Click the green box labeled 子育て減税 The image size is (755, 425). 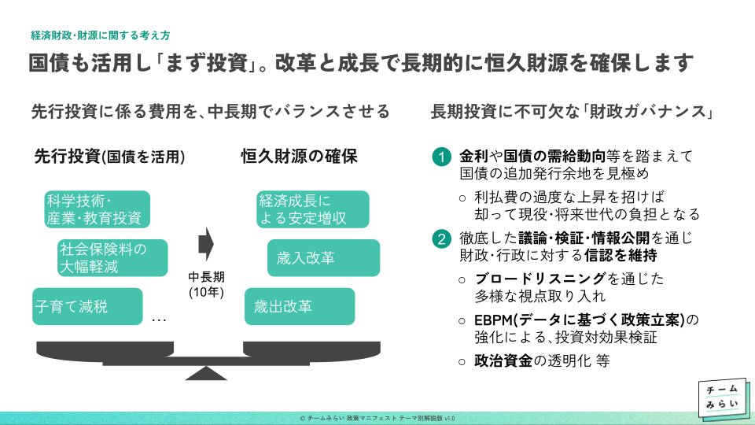pos(87,307)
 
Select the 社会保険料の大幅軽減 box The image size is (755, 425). pos(113,258)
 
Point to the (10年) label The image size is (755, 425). pos(207,292)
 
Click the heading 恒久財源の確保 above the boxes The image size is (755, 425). pos(299,157)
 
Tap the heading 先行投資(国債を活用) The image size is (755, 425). pos(109,157)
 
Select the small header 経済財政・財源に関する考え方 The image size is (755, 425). pos(101,35)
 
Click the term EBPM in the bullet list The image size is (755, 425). pos(494,320)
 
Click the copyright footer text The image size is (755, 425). pos(377,418)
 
